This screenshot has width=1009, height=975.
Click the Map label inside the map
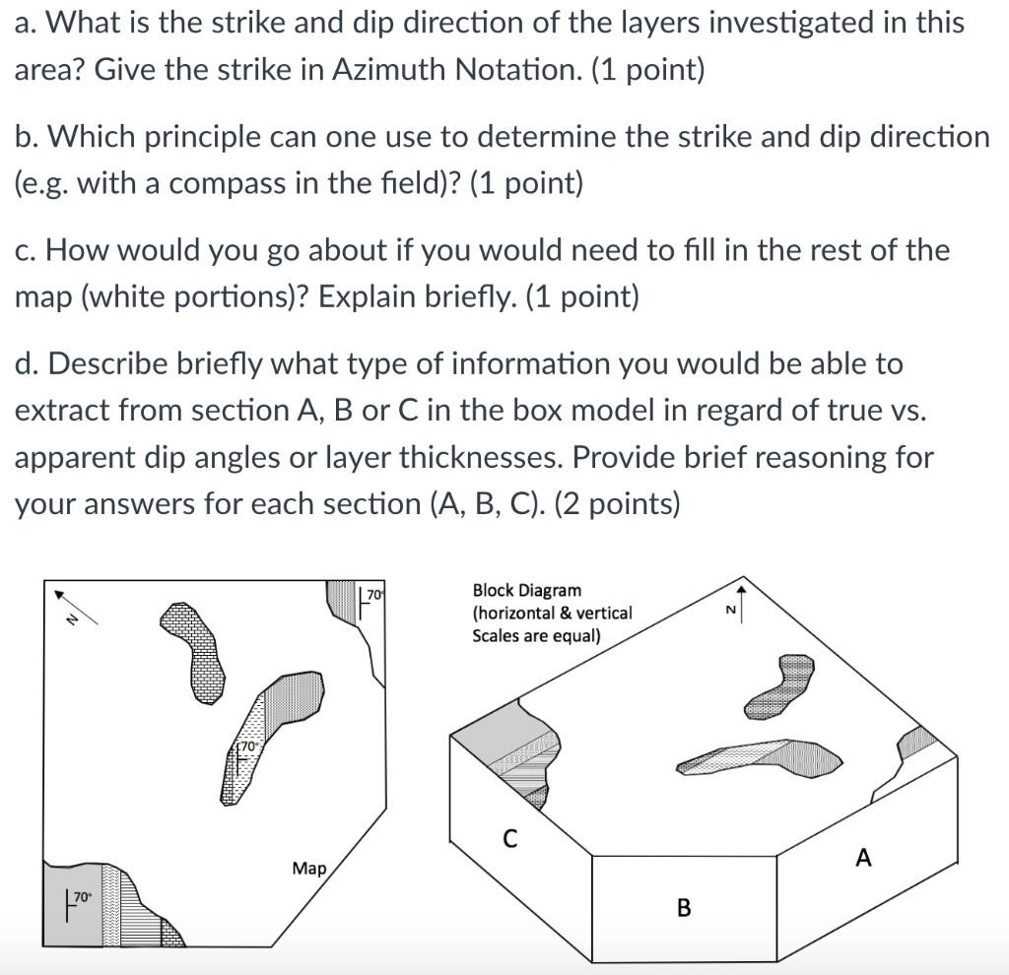coord(309,868)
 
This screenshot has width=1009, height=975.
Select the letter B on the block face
coord(683,907)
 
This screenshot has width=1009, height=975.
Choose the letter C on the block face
coord(509,840)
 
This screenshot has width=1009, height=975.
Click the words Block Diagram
coord(526,591)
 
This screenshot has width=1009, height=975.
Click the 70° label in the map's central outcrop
coord(247,748)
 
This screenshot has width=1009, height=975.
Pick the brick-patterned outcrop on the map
coord(193,650)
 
